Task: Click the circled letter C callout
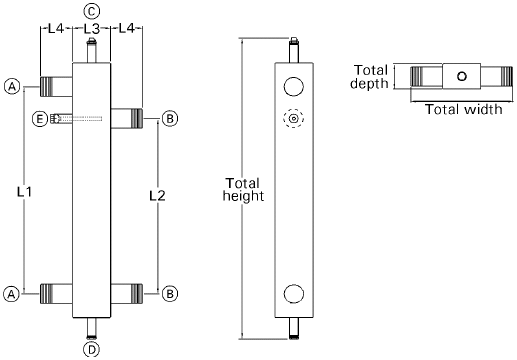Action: tap(91, 10)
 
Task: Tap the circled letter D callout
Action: tap(91, 350)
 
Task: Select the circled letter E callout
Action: tap(39, 119)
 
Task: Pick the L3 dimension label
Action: tap(91, 30)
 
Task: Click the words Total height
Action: tap(243, 190)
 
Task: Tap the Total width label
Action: tap(463, 109)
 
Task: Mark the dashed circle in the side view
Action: tap(293, 119)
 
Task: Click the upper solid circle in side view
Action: tap(293, 84)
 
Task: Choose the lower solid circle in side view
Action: tap(293, 294)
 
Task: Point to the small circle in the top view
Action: tap(460, 76)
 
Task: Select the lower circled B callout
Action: tap(170, 294)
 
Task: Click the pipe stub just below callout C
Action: tap(91, 52)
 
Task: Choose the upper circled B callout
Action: tap(170, 119)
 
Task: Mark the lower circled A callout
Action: tap(12, 294)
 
